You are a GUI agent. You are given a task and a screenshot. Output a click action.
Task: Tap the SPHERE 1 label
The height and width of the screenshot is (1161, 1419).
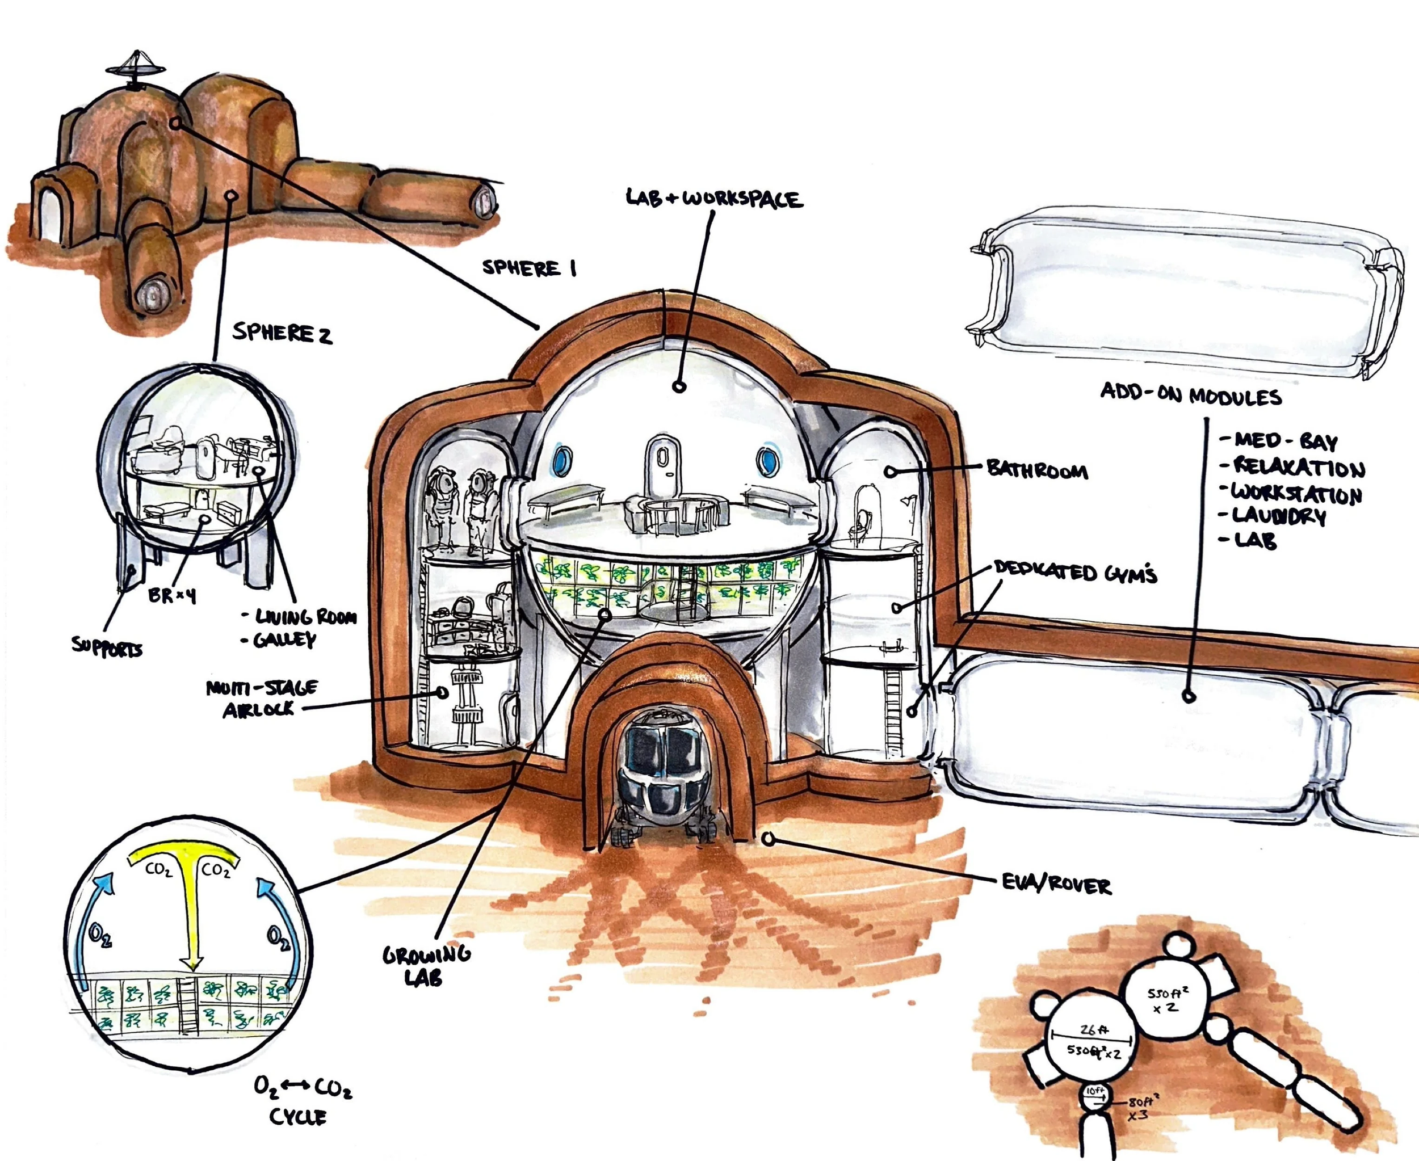[528, 268]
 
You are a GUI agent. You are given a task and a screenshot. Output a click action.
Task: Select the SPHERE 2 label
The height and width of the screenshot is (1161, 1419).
[282, 333]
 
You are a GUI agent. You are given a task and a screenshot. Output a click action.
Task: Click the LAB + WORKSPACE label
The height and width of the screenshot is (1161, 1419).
[714, 198]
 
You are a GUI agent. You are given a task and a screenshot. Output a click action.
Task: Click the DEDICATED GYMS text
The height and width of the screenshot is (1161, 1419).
[1075, 572]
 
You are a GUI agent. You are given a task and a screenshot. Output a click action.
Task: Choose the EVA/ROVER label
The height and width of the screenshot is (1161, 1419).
[1056, 885]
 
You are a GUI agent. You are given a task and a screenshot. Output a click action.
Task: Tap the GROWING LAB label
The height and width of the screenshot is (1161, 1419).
[426, 965]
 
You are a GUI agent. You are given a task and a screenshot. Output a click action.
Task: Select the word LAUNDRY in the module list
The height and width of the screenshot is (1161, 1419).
[1279, 516]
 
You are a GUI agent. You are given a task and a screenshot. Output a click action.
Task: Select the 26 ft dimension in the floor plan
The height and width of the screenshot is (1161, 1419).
[1093, 1030]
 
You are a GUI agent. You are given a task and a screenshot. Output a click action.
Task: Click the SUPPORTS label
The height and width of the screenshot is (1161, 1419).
[107, 647]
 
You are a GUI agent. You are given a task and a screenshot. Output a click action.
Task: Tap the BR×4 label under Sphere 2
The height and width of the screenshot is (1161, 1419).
[172, 595]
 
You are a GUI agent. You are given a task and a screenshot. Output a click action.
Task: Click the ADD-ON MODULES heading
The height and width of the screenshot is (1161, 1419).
[1191, 394]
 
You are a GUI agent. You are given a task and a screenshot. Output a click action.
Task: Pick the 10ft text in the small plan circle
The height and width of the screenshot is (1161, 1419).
[1095, 1093]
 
